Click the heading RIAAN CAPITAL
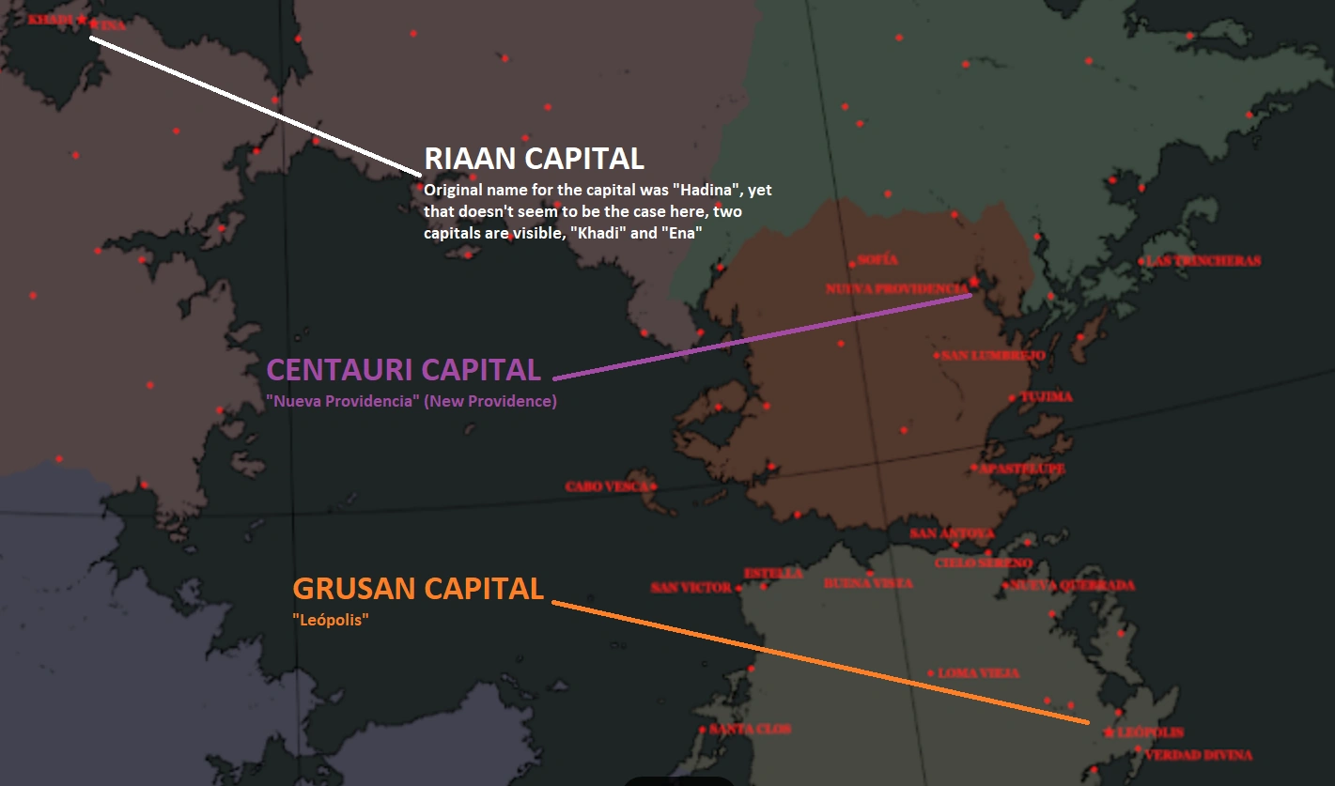coord(534,158)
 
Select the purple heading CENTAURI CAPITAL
coord(404,369)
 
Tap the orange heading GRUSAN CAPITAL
coord(418,589)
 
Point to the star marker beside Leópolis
coord(1110,732)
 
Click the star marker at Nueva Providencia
coord(974,281)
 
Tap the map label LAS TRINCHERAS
coord(1203,261)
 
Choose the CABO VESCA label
coord(605,486)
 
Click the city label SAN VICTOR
coord(691,588)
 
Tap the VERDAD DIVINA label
coord(1199,755)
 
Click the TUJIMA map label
coord(1047,397)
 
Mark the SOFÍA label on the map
coord(877,259)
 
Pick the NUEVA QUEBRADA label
coord(1072,585)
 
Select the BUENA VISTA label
coord(867,583)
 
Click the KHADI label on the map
coord(50,19)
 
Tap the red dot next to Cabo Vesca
coord(653,486)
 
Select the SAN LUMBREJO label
coord(993,355)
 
